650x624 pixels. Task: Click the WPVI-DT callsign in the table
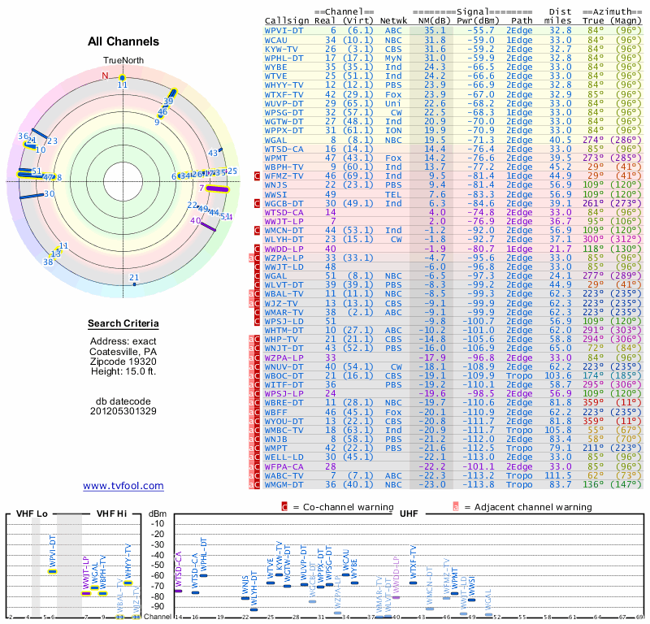click(284, 30)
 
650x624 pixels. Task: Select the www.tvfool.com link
click(123, 486)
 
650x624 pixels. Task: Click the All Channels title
click(123, 41)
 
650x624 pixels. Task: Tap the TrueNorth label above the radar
click(122, 61)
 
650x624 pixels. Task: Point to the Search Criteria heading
click(123, 324)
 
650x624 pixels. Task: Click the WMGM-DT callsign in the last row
click(286, 485)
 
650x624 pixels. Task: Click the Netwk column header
click(393, 20)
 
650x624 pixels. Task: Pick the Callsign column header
click(287, 20)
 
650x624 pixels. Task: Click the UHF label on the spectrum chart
click(409, 514)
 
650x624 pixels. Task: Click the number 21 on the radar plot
click(134, 278)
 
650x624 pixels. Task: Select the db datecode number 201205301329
click(123, 411)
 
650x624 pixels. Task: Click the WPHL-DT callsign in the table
click(284, 58)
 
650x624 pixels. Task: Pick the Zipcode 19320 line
click(123, 362)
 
